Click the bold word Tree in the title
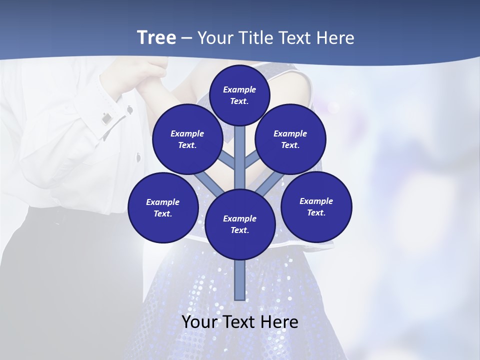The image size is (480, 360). [156, 37]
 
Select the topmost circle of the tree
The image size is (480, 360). [239, 95]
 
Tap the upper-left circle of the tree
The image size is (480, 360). [187, 139]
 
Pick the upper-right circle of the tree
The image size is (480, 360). [290, 139]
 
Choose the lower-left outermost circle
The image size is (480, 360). [163, 207]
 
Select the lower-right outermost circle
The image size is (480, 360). [316, 206]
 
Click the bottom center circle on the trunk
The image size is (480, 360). [239, 224]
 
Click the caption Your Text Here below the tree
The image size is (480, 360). [239, 322]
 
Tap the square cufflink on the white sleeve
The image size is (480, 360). [106, 118]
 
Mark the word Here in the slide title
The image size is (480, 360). [335, 37]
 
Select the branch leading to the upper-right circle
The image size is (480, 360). [253, 161]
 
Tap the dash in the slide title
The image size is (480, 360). [186, 38]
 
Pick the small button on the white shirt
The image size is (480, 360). [138, 158]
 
